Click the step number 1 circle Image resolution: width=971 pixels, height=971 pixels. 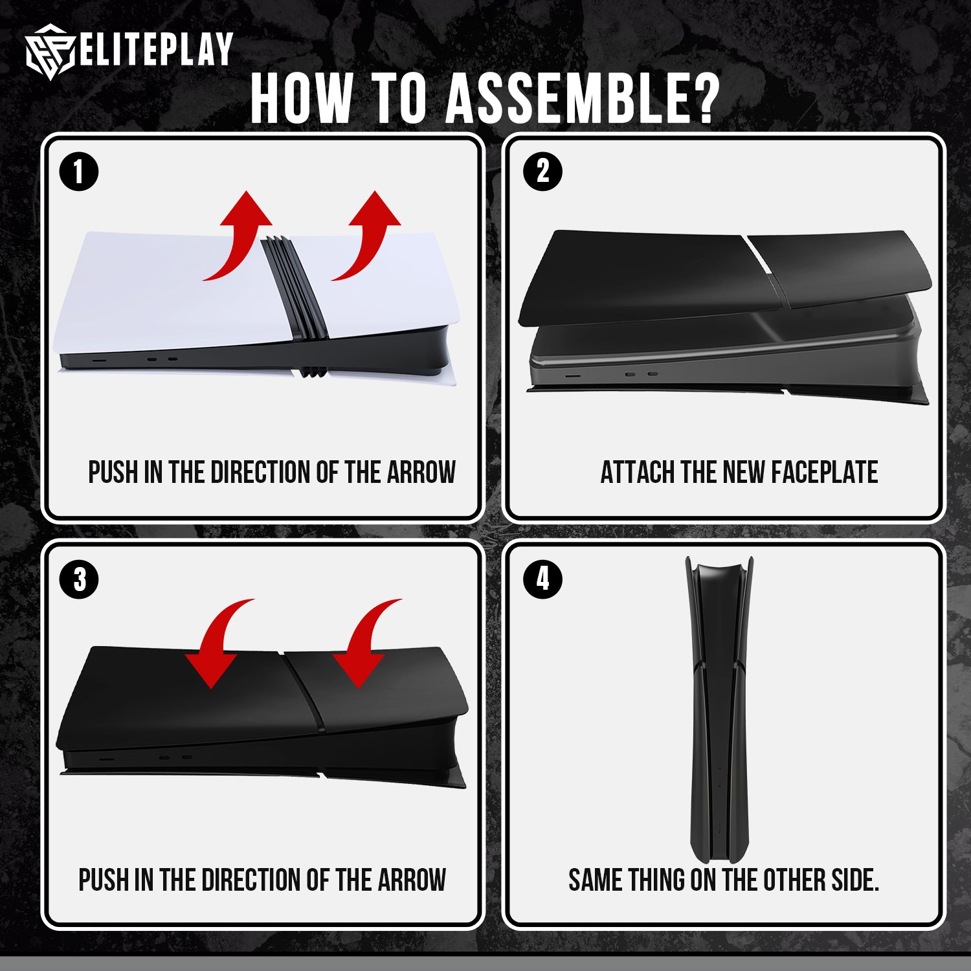79,172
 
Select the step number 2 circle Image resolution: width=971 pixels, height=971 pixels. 542,172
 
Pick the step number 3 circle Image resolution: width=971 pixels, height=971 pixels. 79,579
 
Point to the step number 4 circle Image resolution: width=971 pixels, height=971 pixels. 542,579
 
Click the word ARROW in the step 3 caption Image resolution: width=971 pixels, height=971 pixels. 412,880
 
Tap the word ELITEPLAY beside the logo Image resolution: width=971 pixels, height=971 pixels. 156,49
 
